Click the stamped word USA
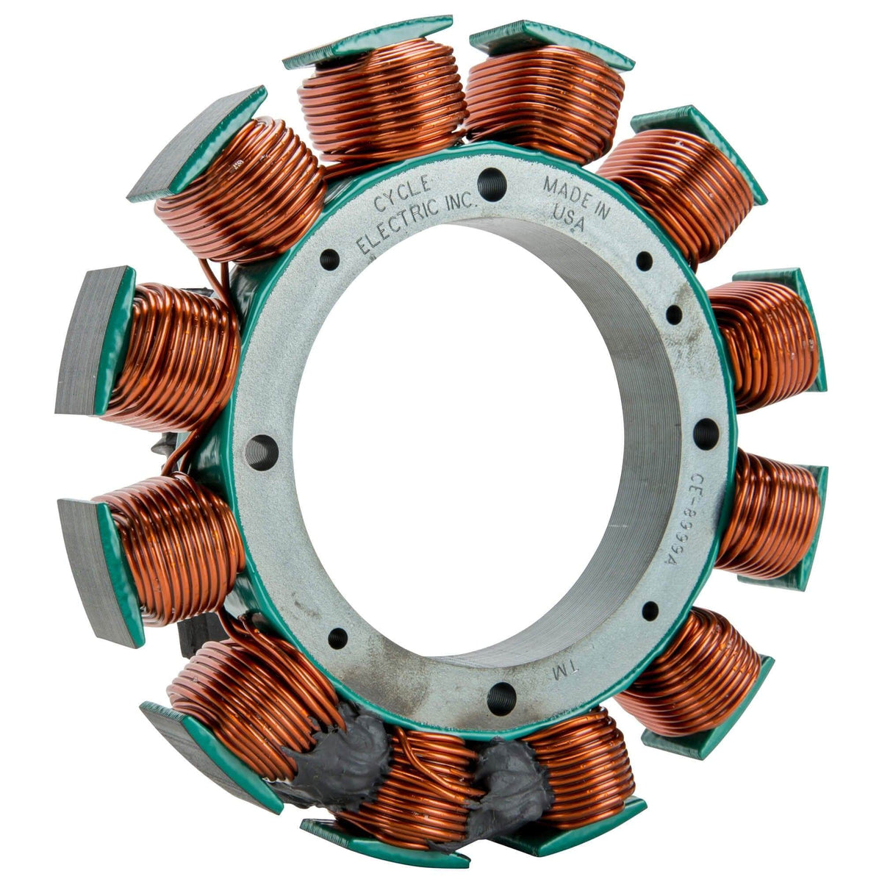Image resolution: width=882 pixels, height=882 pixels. pos(567,222)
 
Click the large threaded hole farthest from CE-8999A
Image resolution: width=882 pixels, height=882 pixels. pos(264,449)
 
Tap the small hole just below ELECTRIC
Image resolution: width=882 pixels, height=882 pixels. pos(330,259)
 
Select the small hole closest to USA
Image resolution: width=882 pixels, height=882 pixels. pos(644,260)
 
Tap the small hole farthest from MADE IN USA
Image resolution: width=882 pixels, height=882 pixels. pos(337,637)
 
